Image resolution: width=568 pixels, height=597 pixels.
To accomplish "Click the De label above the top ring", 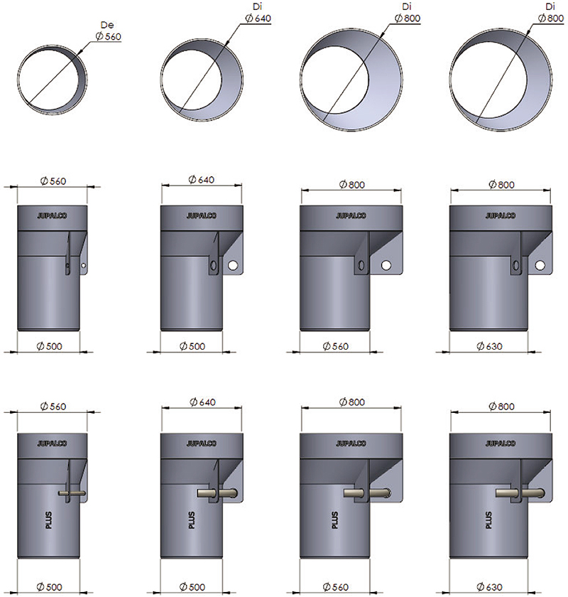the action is (107, 25).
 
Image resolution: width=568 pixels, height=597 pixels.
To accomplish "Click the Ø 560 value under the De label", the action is (109, 36).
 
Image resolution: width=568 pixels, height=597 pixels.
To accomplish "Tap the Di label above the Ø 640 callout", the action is (257, 7).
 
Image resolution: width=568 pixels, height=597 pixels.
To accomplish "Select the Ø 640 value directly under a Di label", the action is (258, 18).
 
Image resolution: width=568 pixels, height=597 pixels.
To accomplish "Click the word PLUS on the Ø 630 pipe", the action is (489, 520).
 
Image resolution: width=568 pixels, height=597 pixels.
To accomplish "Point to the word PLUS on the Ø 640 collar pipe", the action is (192, 520).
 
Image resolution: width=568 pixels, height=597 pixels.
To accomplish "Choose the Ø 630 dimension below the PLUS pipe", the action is (489, 587).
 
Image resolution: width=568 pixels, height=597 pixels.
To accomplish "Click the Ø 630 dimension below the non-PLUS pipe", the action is (489, 346).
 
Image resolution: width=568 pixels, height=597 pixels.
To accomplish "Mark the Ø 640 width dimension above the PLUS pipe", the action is (202, 402).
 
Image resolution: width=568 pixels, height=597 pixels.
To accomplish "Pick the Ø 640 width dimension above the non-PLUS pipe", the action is (201, 179).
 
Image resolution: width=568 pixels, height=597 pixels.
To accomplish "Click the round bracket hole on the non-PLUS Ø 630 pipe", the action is (540, 265).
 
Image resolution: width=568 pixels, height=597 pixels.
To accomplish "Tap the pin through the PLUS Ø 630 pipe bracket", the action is (520, 493).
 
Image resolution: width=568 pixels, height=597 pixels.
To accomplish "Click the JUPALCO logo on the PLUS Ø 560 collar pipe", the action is (52, 443).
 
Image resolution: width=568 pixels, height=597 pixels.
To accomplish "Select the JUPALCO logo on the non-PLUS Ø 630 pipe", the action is (501, 215).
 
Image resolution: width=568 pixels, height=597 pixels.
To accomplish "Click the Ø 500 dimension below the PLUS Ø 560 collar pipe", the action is (49, 587).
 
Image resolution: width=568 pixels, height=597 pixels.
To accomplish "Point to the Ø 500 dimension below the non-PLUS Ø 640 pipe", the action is (192, 346).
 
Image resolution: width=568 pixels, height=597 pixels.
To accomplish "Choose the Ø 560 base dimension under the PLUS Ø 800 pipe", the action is (336, 587).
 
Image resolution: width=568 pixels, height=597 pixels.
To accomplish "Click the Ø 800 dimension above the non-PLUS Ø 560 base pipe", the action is (352, 185).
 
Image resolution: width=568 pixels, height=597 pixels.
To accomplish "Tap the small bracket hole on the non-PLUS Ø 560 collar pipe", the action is (84, 265).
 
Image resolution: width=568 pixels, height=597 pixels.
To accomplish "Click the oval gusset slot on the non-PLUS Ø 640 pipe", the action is (214, 265).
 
